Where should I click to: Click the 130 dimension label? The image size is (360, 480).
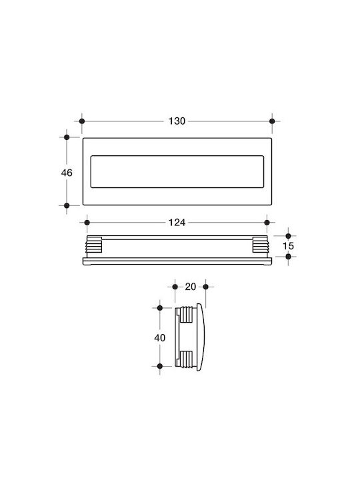click(177, 121)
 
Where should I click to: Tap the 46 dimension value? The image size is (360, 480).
click(67, 173)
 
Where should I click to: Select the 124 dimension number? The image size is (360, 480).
click(177, 223)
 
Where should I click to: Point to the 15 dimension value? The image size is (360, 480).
click(288, 246)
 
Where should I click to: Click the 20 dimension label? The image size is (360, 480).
click(191, 287)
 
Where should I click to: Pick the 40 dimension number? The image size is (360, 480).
click(160, 338)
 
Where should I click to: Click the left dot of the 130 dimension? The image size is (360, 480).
click(82, 121)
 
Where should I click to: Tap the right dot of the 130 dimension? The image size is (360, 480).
click(272, 121)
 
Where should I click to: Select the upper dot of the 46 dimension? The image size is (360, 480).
click(67, 137)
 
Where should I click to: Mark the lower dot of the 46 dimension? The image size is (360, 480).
click(67, 206)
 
